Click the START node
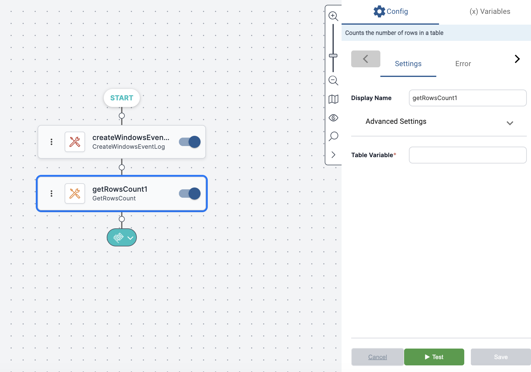[x=121, y=98]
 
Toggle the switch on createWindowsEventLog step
[x=190, y=142]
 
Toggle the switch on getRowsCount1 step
[x=190, y=194]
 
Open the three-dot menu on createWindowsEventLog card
[x=51, y=142]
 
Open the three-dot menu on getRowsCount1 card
[x=51, y=194]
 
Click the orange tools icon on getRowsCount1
[x=75, y=194]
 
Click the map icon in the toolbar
[x=333, y=99]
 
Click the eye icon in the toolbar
[x=333, y=118]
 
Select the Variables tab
[x=490, y=11]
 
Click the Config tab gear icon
[x=379, y=11]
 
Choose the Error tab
[x=463, y=64]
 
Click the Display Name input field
[x=468, y=98]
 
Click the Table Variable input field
[x=468, y=155]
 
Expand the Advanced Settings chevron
[x=510, y=123]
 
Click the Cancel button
[x=377, y=357]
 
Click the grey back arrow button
[x=366, y=59]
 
